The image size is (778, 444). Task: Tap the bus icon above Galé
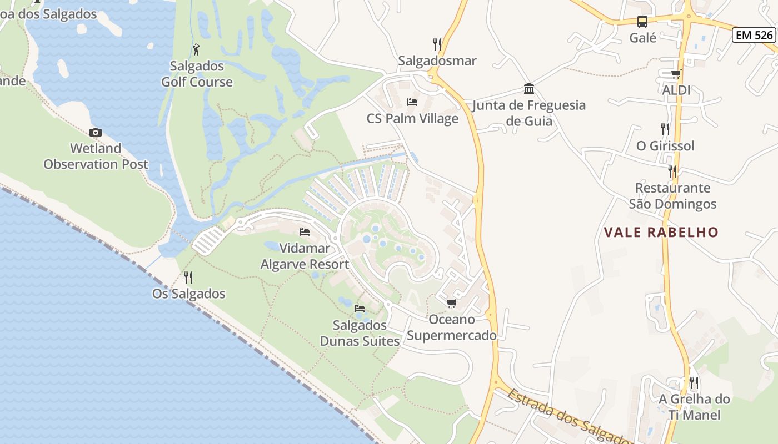click(x=642, y=22)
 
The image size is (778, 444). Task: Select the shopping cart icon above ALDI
click(x=676, y=74)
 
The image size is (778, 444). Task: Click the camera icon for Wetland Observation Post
click(x=96, y=132)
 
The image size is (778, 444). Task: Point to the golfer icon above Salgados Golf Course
click(x=196, y=49)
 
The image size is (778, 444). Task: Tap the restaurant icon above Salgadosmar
click(x=437, y=44)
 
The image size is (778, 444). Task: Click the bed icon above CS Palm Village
click(x=412, y=102)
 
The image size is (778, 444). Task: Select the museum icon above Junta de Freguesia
click(x=529, y=89)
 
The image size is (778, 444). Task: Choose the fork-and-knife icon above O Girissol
click(x=665, y=129)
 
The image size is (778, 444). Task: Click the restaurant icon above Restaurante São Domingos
click(x=672, y=171)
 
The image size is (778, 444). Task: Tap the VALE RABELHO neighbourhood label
click(x=661, y=232)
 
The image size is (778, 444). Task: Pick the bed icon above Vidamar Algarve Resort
click(x=305, y=232)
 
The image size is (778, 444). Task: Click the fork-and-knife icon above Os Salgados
click(x=189, y=277)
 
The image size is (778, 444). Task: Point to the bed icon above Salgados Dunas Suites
click(x=360, y=309)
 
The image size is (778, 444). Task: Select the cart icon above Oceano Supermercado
click(x=451, y=303)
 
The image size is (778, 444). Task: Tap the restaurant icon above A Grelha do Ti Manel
click(x=694, y=382)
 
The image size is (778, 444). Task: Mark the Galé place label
click(x=642, y=38)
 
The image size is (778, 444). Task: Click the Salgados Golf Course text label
click(x=197, y=74)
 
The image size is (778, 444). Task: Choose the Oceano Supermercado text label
click(x=452, y=327)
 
